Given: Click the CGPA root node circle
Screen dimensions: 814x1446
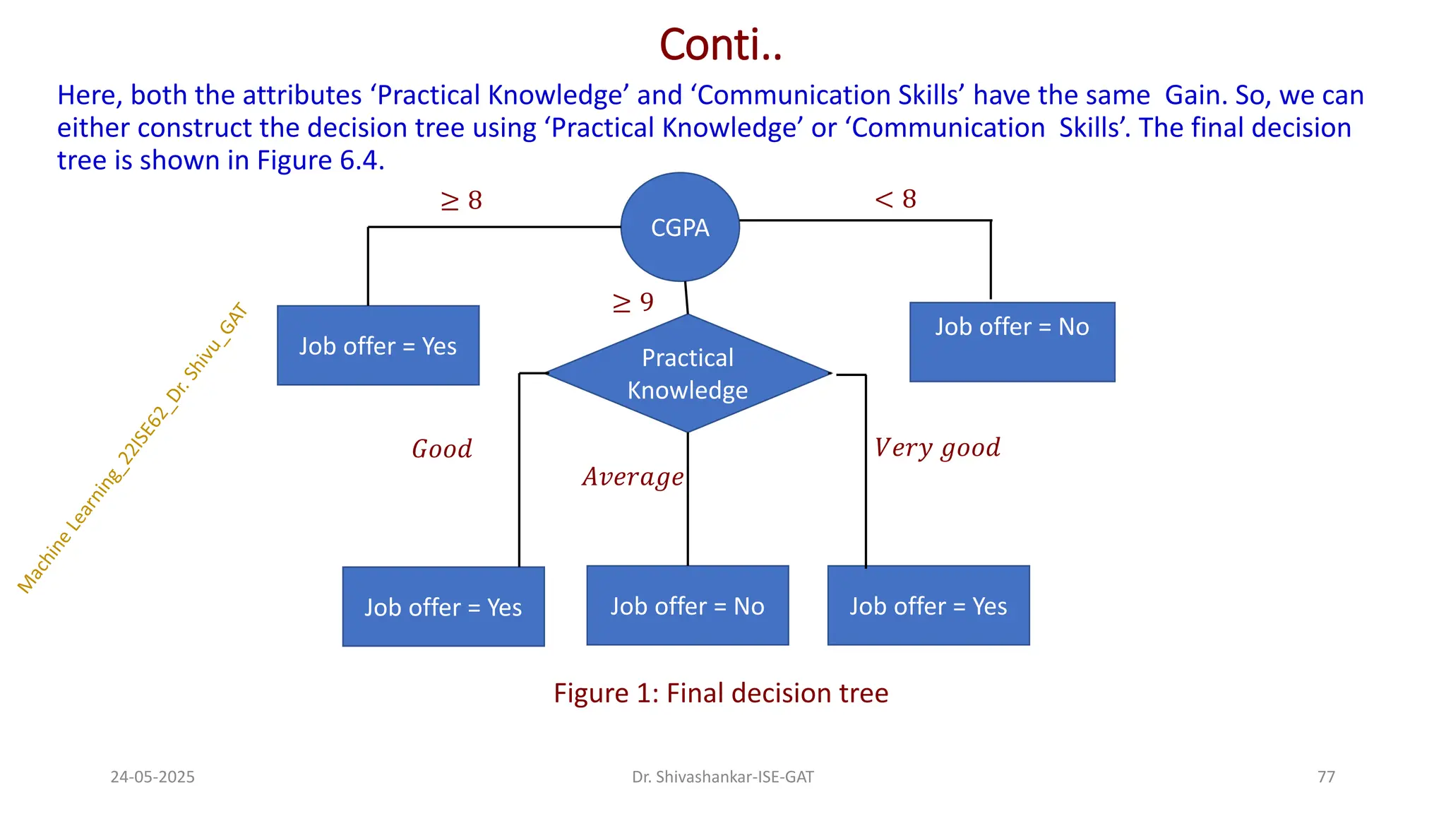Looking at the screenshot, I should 680,227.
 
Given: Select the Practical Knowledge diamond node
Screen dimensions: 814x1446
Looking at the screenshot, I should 688,373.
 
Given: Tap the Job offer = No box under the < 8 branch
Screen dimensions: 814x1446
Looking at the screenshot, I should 1012,342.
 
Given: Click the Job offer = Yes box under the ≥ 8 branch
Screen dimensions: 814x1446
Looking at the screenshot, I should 378,346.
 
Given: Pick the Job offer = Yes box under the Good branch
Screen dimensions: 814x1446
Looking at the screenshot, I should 443,606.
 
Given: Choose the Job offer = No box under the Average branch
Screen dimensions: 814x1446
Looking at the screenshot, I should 687,606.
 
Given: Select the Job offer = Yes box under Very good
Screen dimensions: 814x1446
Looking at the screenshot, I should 928,606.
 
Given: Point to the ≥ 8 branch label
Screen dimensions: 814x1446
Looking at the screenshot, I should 462,201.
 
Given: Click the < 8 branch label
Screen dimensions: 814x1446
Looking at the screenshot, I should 895,199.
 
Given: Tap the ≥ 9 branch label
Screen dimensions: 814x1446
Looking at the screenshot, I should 633,302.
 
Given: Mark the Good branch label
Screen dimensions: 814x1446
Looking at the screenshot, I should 442,449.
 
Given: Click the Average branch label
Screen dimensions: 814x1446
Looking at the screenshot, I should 633,477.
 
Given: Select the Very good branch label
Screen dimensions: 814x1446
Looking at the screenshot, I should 937,447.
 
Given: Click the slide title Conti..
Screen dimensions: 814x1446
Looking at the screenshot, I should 721,45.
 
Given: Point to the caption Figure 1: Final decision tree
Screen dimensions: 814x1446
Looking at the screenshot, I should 721,693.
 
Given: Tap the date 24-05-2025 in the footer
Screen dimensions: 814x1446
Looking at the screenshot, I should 153,777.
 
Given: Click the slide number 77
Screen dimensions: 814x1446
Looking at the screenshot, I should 1326,777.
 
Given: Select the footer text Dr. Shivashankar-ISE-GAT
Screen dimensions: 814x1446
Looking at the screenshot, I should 722,777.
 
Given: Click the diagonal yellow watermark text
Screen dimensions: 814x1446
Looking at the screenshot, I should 132,448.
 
